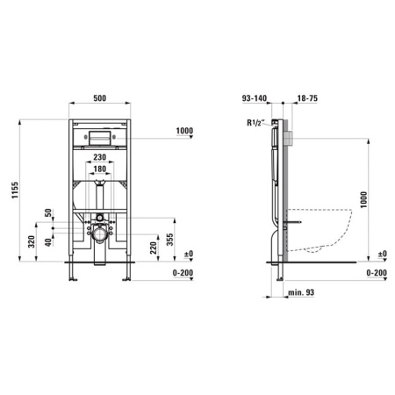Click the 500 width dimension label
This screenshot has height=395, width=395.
pos(100,98)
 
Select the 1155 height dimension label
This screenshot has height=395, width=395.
pos(15,190)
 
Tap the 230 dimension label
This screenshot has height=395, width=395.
pos(99,157)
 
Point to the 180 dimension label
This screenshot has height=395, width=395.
pos(99,169)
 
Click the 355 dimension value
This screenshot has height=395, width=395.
pos(170,240)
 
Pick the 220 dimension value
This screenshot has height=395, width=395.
pos(153,248)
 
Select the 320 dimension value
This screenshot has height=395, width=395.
pos(32,241)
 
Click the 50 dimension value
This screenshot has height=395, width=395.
pos(48,212)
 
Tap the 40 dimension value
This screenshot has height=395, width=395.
pos(48,242)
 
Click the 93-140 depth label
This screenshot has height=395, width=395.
pos(255,98)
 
